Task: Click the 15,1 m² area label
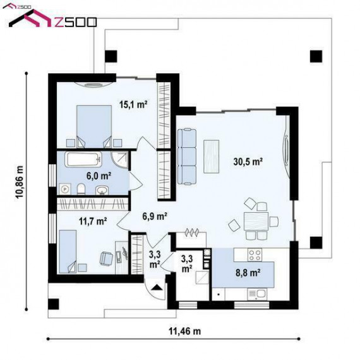[133, 104]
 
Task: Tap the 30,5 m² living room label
[248, 162]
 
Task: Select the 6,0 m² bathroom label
[99, 176]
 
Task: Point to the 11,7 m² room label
[93, 221]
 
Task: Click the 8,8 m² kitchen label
[248, 273]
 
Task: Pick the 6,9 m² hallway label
[155, 216]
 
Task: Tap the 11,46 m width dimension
[185, 331]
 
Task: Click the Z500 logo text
[75, 22]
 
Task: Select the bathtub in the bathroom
[83, 159]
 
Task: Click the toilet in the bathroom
[81, 189]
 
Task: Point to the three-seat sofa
[187, 157]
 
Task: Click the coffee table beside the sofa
[211, 157]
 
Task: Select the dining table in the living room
[256, 221]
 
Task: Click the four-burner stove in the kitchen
[255, 255]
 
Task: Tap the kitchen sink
[258, 294]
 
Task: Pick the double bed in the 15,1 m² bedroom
[94, 126]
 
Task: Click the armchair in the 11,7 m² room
[106, 258]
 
